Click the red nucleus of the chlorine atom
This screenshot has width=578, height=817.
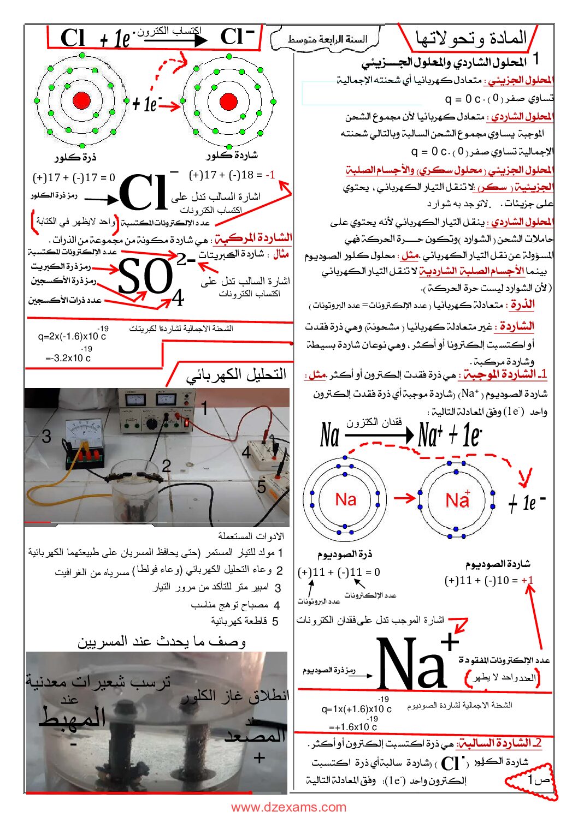[81, 100]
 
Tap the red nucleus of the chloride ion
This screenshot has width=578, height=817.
[228, 101]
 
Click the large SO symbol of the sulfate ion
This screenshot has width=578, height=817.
[145, 277]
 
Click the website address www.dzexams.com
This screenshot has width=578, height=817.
[288, 807]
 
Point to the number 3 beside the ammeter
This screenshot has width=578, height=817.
[46, 436]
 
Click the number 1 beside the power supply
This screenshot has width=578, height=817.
[204, 408]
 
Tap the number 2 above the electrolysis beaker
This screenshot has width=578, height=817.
[167, 466]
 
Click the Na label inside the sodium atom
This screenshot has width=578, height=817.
[345, 499]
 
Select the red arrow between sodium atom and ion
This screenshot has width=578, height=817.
[405, 498]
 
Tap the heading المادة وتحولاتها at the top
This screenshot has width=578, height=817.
[471, 38]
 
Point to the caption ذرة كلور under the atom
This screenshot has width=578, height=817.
[75, 157]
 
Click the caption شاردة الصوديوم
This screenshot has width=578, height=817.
[498, 564]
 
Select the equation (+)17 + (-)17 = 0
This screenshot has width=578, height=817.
[74, 177]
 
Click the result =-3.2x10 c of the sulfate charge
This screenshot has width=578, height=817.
[68, 358]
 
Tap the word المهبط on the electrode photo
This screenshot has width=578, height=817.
[72, 717]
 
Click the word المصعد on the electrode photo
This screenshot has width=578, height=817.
[255, 735]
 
